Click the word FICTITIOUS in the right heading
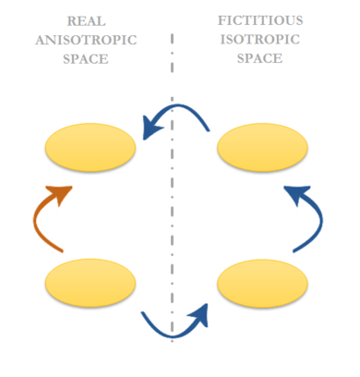(x=261, y=19)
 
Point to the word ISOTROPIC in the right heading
(x=261, y=38)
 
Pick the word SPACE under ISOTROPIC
(x=261, y=56)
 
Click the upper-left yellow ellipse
(x=91, y=147)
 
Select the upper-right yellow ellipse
(x=261, y=147)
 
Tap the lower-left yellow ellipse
(x=91, y=283)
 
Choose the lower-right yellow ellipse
(x=261, y=283)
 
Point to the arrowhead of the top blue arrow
(x=150, y=126)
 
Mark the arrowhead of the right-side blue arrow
(x=293, y=194)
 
